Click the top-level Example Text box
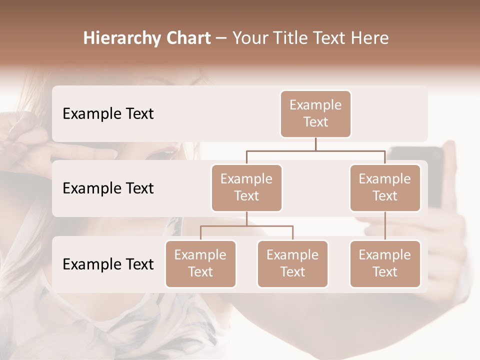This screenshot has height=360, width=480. coord(315,113)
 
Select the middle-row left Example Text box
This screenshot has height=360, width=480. coord(246,187)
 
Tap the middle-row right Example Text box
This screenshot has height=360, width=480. coord(385,187)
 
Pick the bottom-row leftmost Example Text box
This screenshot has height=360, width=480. coord(200,263)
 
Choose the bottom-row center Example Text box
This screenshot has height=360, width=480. coord(292,263)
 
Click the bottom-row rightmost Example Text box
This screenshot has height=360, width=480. coord(385,263)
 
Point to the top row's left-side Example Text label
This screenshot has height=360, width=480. coord(108,113)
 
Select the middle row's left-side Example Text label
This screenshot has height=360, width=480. coord(108,188)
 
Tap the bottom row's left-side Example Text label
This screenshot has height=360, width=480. coord(108,264)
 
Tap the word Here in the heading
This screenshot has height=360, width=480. coord(371,38)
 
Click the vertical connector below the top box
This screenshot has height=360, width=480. coord(315,144)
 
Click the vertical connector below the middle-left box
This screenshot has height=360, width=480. coord(246,218)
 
